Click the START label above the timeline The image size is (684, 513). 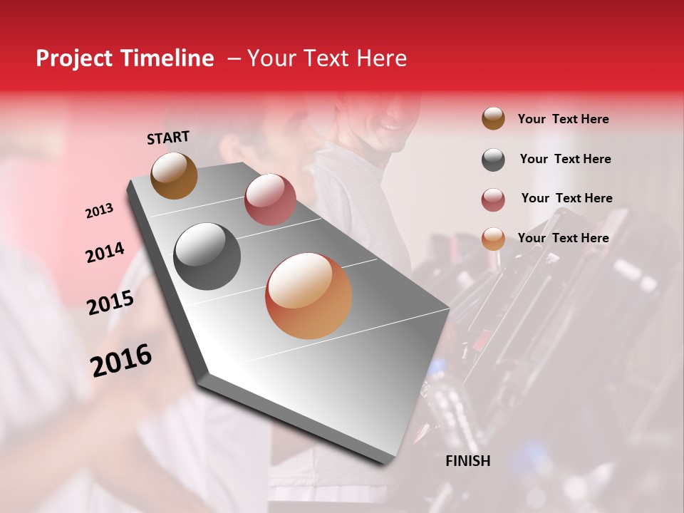[168, 138]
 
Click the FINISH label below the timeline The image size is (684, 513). [467, 461]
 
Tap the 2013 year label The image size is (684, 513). [99, 211]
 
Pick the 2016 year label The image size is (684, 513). [121, 361]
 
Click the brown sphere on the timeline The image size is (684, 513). [174, 175]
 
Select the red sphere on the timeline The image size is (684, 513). [270, 199]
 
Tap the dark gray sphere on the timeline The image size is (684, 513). [207, 256]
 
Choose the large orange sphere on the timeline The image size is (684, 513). [309, 296]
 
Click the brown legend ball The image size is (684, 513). [493, 119]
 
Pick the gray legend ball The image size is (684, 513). [493, 160]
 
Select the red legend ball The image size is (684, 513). [493, 199]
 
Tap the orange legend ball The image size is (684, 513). [493, 239]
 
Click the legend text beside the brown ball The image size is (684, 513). [563, 119]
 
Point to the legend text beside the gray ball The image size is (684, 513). [565, 159]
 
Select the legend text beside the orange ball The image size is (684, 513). [563, 238]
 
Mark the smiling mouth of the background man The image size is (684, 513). [390, 127]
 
